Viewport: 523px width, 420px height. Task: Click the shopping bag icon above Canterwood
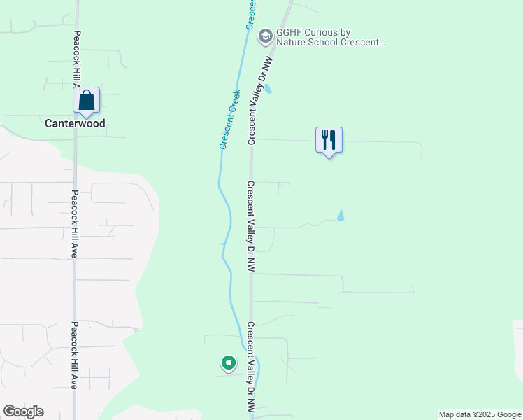point(86,101)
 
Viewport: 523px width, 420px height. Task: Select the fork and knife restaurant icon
point(329,140)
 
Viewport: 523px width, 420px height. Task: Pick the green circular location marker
point(228,363)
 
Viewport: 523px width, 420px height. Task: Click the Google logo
point(23,412)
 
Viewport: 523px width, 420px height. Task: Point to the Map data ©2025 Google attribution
point(480,414)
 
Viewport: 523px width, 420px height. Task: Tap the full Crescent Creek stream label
point(230,118)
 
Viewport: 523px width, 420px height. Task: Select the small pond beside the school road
point(268,89)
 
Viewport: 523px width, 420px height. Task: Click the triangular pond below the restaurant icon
point(341,215)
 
